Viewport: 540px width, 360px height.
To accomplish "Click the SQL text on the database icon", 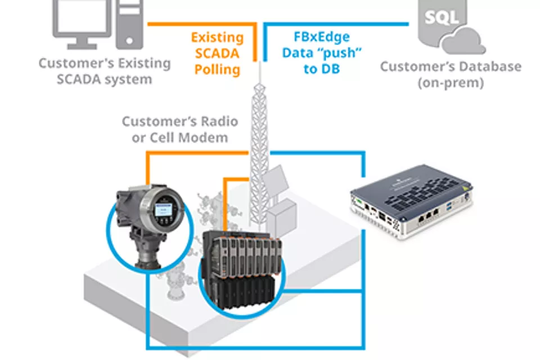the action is coord(442,16).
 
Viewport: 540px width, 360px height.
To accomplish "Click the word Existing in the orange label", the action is coord(217,37).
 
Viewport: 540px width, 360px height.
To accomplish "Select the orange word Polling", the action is coord(217,69).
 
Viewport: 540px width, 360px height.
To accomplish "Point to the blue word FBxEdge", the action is coord(322,37).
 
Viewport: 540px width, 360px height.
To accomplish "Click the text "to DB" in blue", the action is coord(322,69).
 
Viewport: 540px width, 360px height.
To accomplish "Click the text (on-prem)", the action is coord(451,83).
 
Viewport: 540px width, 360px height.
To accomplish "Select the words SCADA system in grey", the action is coord(105,79).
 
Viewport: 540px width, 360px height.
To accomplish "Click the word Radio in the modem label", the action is coord(219,121).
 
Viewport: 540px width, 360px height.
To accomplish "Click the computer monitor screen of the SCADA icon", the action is coord(82,16).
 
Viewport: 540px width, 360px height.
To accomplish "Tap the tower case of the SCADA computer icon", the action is coord(129,24).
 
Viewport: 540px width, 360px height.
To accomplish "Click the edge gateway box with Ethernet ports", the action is coord(411,201).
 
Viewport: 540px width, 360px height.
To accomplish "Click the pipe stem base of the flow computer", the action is coord(148,254).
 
